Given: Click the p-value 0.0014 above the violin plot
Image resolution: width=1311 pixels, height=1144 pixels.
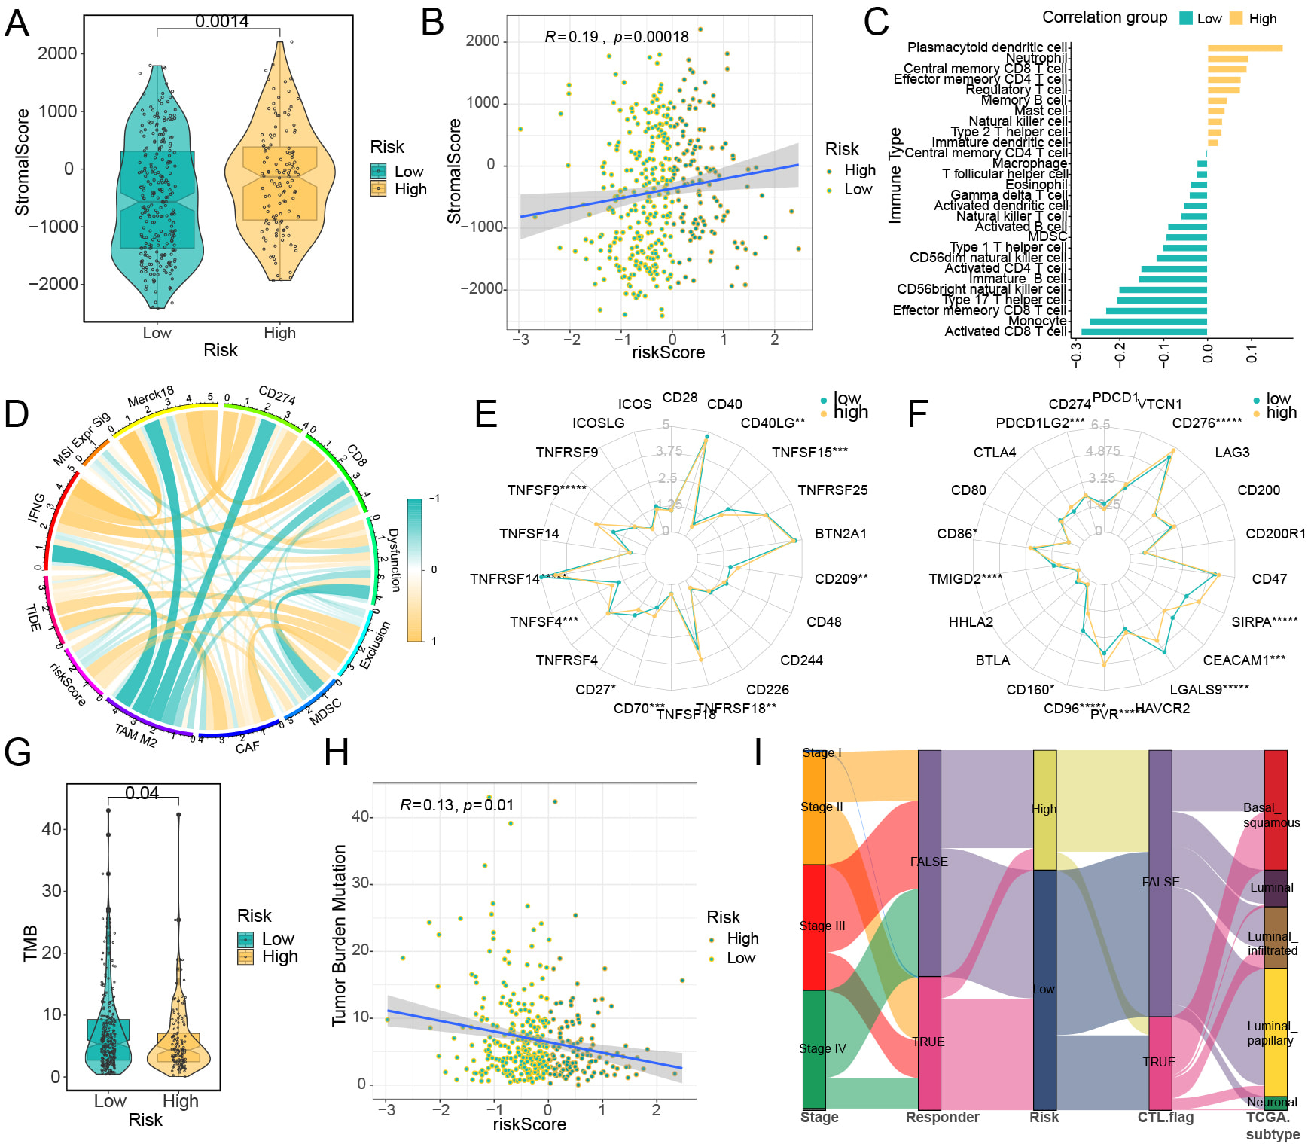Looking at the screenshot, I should [x=221, y=21].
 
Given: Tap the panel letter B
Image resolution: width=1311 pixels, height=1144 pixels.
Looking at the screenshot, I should [x=432, y=23].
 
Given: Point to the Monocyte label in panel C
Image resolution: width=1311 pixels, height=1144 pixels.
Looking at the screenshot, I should [x=1037, y=321].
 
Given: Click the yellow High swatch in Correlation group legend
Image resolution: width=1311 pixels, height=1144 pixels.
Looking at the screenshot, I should [x=1236, y=18].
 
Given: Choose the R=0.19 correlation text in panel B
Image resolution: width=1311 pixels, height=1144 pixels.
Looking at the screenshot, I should [x=572, y=37].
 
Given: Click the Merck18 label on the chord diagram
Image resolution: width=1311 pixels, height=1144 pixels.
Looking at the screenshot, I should [x=151, y=396].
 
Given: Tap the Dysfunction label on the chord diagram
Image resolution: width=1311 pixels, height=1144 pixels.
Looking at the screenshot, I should [x=393, y=560].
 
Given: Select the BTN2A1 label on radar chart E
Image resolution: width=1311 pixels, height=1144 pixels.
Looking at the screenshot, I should [x=840, y=534].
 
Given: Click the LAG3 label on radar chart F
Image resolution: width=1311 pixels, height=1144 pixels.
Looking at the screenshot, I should [x=1232, y=452].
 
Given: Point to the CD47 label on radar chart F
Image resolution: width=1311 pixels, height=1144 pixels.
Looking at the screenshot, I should [x=1269, y=578].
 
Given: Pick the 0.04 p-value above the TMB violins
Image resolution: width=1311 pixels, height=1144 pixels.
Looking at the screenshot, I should [x=142, y=793].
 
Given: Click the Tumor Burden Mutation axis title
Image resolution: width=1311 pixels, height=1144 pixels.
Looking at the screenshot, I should [x=340, y=935].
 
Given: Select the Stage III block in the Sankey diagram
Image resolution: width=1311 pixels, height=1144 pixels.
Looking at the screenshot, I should [x=814, y=926].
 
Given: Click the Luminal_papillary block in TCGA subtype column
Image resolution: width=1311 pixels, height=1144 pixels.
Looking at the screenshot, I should [x=1275, y=1032].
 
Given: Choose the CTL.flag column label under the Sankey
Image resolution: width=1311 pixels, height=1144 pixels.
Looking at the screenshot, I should [x=1165, y=1117].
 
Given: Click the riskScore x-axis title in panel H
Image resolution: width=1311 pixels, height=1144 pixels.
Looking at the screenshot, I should [x=529, y=1124].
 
